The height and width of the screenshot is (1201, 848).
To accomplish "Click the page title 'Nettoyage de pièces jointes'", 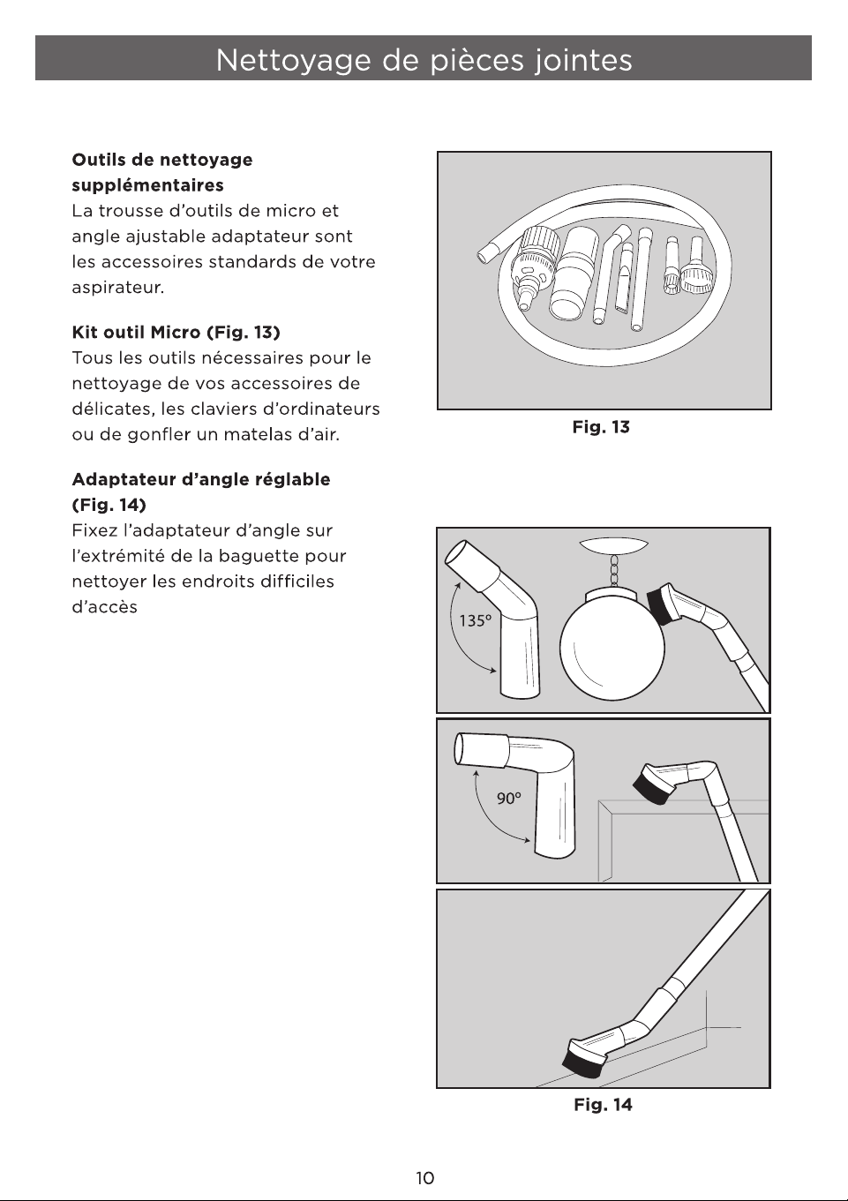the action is [424, 59].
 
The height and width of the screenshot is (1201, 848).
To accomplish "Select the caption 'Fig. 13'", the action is [601, 427].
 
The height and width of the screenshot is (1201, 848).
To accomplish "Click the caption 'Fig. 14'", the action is [603, 1105].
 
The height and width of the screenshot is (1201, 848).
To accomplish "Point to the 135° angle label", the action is [475, 620].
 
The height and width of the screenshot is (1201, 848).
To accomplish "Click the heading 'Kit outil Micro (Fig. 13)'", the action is [176, 333].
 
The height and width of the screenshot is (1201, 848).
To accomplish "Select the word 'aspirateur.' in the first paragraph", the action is [118, 288].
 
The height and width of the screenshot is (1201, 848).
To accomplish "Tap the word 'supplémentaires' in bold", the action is [148, 185].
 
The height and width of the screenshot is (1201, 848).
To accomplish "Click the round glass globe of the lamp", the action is [612, 648].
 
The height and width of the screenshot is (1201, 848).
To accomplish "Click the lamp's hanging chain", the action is [614, 572].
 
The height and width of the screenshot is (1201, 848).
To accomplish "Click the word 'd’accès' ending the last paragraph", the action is [104, 607].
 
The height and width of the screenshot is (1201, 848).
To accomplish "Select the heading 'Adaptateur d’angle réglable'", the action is [201, 479].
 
